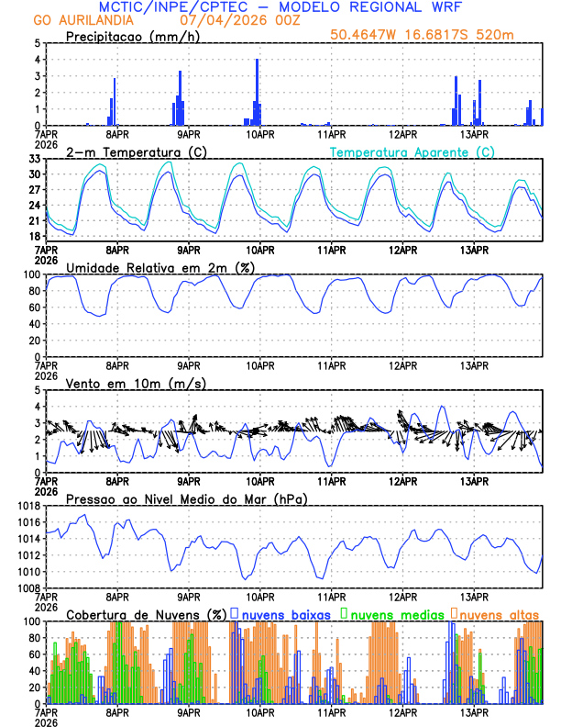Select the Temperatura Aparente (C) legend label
coord(412,151)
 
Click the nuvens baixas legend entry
coord(279,613)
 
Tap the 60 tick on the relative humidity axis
coord(33,308)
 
